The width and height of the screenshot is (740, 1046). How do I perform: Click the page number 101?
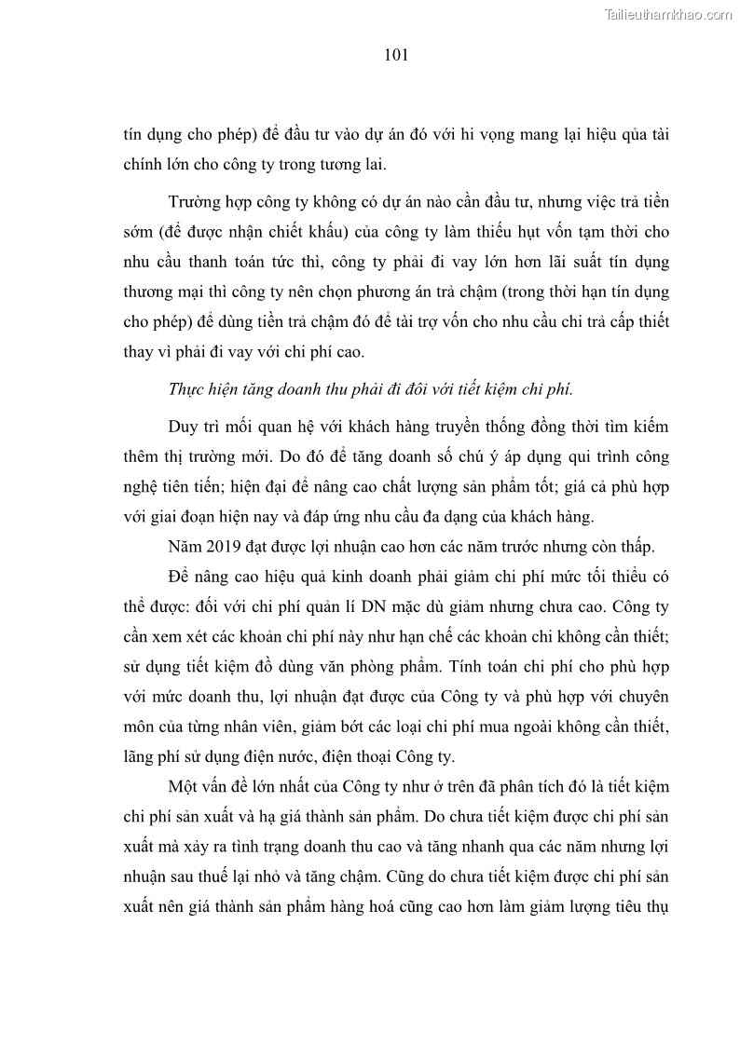(396, 55)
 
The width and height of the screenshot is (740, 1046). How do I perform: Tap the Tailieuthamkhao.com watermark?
(669, 14)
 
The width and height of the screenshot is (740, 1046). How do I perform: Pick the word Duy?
(184, 427)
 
